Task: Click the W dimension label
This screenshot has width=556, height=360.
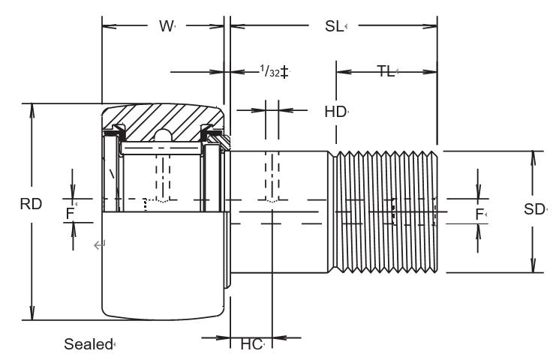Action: click(x=165, y=27)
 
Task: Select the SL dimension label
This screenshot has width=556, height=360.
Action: click(x=334, y=27)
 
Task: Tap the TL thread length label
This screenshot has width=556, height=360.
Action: click(x=386, y=72)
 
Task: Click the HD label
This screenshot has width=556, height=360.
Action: click(x=335, y=112)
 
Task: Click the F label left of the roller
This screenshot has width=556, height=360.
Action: click(x=71, y=213)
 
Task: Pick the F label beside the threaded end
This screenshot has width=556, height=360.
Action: click(x=479, y=214)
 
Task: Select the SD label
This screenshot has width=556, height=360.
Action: click(x=533, y=210)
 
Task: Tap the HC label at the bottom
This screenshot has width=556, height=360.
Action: click(x=251, y=344)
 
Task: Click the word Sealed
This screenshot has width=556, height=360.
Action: click(x=87, y=344)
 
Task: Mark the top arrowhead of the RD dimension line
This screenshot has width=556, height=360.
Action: click(x=31, y=109)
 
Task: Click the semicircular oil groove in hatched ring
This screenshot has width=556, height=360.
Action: click(x=163, y=136)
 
